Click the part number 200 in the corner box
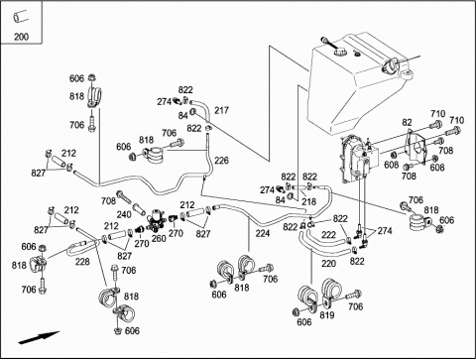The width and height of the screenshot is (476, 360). pyautogui.click(x=21, y=37)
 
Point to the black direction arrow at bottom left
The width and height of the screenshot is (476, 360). pyautogui.click(x=39, y=337)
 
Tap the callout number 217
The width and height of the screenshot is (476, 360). pyautogui.click(x=221, y=110)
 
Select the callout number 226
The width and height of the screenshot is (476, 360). pyautogui.click(x=221, y=161)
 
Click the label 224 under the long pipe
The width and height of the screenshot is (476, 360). pyautogui.click(x=263, y=233)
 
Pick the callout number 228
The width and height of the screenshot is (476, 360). pyautogui.click(x=82, y=262)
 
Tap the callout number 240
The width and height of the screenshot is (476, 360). pyautogui.click(x=124, y=214)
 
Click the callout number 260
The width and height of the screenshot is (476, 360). pyautogui.click(x=159, y=238)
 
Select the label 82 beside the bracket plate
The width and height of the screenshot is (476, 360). pyautogui.click(x=407, y=122)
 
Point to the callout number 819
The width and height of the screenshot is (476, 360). pyautogui.click(x=327, y=315)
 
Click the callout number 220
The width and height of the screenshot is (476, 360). pyautogui.click(x=328, y=264)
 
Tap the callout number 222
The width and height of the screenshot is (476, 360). pyautogui.click(x=328, y=235)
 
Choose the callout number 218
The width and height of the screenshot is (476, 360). pyautogui.click(x=308, y=201)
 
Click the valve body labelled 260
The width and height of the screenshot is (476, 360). pyautogui.click(x=155, y=219)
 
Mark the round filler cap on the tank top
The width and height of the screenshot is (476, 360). pyautogui.click(x=339, y=52)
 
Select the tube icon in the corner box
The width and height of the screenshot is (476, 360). pyautogui.click(x=21, y=16)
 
